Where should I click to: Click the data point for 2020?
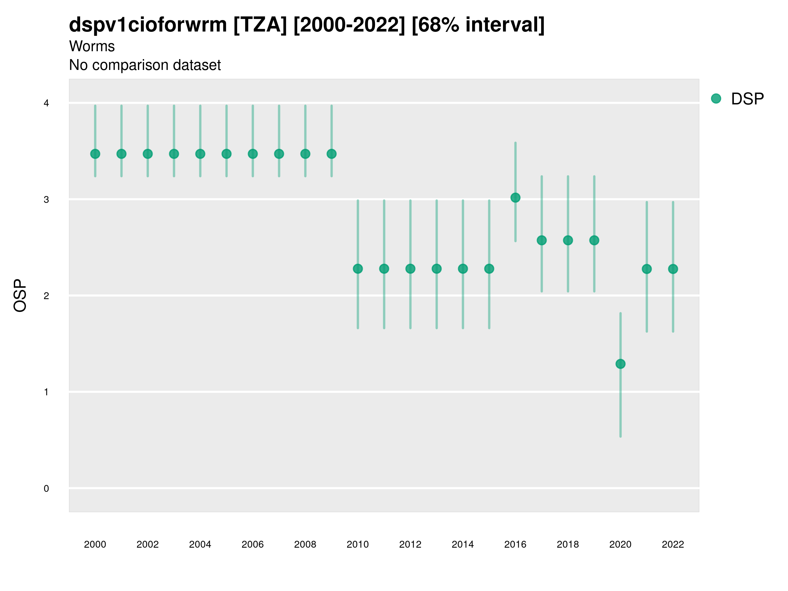tap(620, 364)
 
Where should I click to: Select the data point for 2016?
tap(515, 197)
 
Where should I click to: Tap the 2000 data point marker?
tap(95, 154)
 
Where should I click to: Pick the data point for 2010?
tap(358, 269)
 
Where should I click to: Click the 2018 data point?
tap(568, 240)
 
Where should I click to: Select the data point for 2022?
tap(673, 269)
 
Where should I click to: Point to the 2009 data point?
tap(331, 154)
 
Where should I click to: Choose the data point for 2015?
tap(489, 269)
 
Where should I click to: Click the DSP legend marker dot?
tap(716, 99)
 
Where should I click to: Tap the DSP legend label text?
tap(747, 99)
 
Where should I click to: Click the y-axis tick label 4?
tap(46, 103)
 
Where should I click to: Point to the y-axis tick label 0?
tap(46, 489)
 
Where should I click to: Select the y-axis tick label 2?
tap(46, 296)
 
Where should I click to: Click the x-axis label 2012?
tap(410, 544)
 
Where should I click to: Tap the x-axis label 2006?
tap(252, 544)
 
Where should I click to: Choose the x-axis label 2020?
tap(620, 544)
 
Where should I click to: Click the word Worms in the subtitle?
tap(92, 46)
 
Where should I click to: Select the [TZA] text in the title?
tap(260, 25)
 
